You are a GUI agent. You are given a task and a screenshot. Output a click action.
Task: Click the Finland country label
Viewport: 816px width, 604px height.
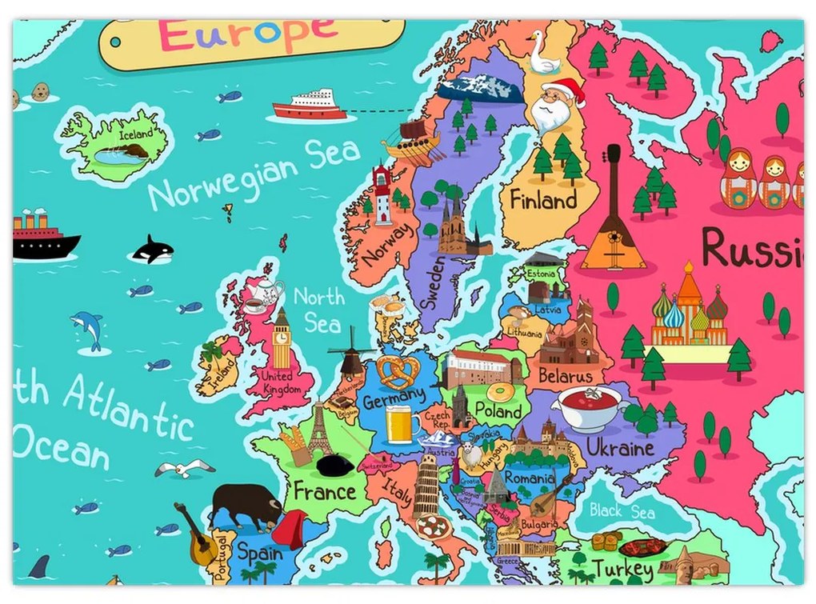coord(543,200)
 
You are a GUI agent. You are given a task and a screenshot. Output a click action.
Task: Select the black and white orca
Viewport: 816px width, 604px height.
coord(152,250)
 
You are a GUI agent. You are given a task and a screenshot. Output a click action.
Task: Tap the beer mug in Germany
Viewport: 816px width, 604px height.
coord(401,424)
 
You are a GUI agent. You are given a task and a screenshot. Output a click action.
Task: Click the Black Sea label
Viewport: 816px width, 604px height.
coord(622,512)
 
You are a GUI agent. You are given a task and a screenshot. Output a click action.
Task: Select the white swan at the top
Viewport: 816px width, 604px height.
coord(542,54)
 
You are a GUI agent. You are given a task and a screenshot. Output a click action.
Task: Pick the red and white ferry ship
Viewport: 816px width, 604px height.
coord(310,105)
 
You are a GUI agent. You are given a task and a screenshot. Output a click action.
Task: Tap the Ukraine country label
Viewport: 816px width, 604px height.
coord(620,448)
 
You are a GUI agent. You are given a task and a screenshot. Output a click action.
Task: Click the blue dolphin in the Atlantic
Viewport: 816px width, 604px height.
coord(87,328)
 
